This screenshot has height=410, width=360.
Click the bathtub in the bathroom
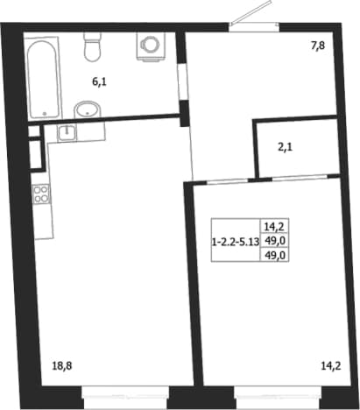point(44,79)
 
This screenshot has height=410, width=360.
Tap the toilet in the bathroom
point(93,46)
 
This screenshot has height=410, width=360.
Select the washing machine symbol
point(151,46)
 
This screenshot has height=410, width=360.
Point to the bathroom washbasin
point(88,110)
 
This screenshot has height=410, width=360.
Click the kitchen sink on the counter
point(67,133)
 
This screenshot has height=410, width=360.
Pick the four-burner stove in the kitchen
point(41,194)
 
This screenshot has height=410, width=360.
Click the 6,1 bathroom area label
point(99,82)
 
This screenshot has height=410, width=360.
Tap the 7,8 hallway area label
point(318,46)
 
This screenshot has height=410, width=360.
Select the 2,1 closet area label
point(285,147)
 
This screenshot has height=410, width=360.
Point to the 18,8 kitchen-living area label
point(62,365)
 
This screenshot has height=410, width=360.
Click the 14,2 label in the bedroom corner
point(331,365)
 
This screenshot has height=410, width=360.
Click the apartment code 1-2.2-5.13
point(236,242)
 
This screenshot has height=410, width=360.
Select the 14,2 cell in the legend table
point(274,226)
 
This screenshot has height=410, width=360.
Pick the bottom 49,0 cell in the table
point(274,256)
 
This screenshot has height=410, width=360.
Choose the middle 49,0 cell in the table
point(274,241)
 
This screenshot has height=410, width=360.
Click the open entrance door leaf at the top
point(251,12)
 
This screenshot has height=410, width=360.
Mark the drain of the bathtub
point(45,113)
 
